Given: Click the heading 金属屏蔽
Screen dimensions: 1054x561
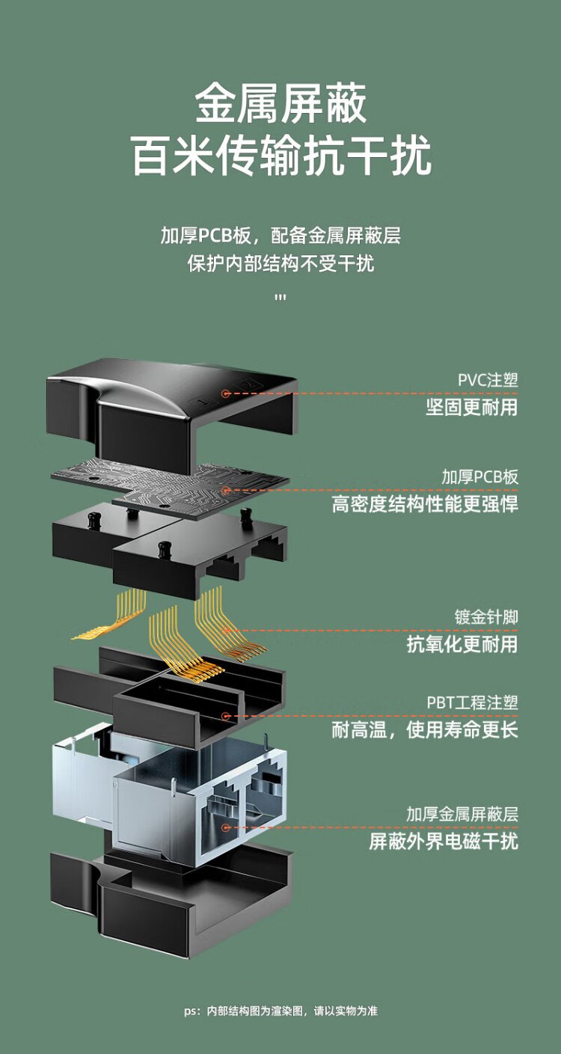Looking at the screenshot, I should pos(280,104).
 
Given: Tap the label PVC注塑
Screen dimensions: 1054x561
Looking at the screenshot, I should pos(488,379).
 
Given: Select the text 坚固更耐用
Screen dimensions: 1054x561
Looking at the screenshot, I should pos(471,406).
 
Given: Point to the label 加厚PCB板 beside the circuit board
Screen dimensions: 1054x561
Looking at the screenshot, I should pos(479,477).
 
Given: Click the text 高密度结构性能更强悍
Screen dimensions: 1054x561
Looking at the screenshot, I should pos(424,503).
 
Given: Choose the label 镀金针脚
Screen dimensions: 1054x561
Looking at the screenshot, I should pos(486,617).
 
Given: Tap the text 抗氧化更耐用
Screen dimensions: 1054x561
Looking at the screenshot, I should pos(462,643).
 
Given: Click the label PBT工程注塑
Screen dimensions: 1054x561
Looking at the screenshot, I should pos(472,702).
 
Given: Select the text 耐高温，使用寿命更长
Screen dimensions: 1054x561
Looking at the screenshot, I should pos(424,729).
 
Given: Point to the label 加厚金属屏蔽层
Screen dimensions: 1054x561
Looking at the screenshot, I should pos(462,814).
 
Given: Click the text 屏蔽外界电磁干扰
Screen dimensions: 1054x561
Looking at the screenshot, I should pos(443,841).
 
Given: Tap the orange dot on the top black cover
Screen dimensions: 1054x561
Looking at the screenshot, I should pos(224,393).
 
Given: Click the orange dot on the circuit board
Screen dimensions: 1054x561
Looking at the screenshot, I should pos(225,490).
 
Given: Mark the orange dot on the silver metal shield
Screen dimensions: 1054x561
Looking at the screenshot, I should pos(225,827).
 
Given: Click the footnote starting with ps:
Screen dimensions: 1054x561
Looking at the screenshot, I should pos(280,1011).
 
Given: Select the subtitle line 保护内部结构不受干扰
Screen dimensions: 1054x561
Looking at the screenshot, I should pos(280,264).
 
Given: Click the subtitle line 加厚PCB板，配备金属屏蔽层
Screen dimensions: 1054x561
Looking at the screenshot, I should pos(280,236).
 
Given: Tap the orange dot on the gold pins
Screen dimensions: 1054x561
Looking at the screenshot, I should pos(225,631).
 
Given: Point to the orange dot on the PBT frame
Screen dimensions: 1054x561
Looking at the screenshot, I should pos(225,716).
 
